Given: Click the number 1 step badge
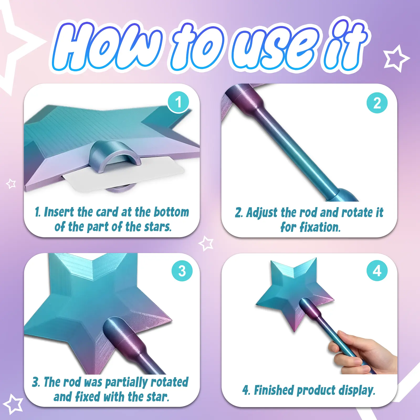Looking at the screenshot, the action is (x=178, y=102).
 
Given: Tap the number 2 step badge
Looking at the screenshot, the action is (x=377, y=103).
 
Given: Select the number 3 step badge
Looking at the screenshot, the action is (x=182, y=271).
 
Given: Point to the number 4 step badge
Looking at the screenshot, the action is (x=377, y=271).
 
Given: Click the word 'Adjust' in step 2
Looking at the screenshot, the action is (x=262, y=213).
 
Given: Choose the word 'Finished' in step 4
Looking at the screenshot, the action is (x=274, y=390).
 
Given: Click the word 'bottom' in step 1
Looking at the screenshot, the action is (x=171, y=212).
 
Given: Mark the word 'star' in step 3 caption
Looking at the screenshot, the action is (x=157, y=397).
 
